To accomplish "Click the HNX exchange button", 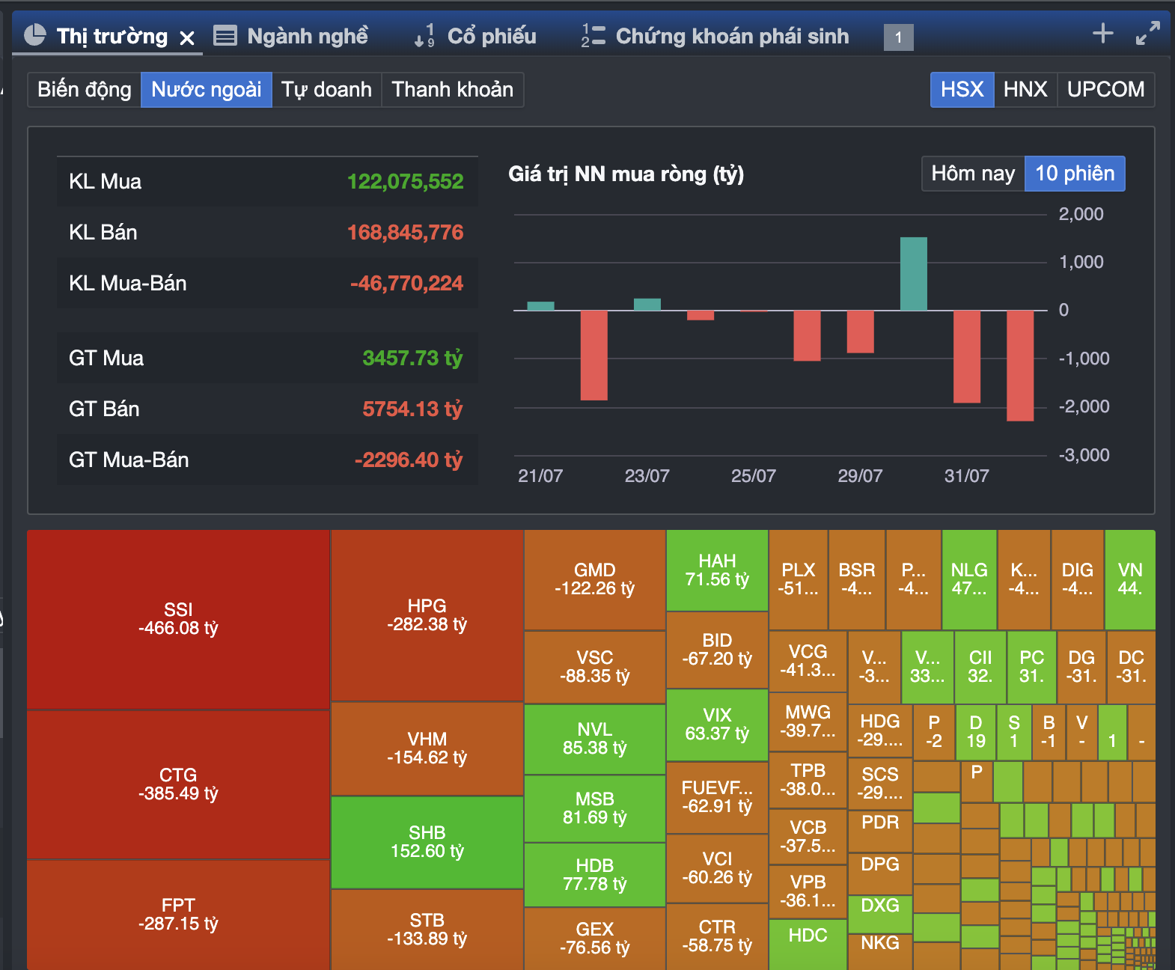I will [1025, 90].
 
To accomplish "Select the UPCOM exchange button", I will [1105, 90].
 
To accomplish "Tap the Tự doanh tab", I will [326, 90].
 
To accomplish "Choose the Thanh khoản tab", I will [452, 90].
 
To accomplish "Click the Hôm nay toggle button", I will [972, 174].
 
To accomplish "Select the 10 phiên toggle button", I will [1074, 174].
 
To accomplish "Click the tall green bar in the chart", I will [913, 274].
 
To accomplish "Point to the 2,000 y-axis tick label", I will [1081, 214].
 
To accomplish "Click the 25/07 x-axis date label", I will [753, 476].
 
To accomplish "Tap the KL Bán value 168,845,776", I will [405, 232].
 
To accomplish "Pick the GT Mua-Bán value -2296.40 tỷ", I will [409, 460].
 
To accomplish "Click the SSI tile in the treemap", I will [178, 619].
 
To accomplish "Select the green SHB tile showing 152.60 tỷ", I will [427, 842].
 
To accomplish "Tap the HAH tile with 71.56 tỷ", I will [717, 570].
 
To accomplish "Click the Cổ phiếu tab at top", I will [491, 36].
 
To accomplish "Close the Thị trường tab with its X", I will [187, 37].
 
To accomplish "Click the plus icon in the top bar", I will [1102, 34].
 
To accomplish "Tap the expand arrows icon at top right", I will [1147, 34].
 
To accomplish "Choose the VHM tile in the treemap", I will [427, 748].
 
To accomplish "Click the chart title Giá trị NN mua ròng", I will [626, 174].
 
